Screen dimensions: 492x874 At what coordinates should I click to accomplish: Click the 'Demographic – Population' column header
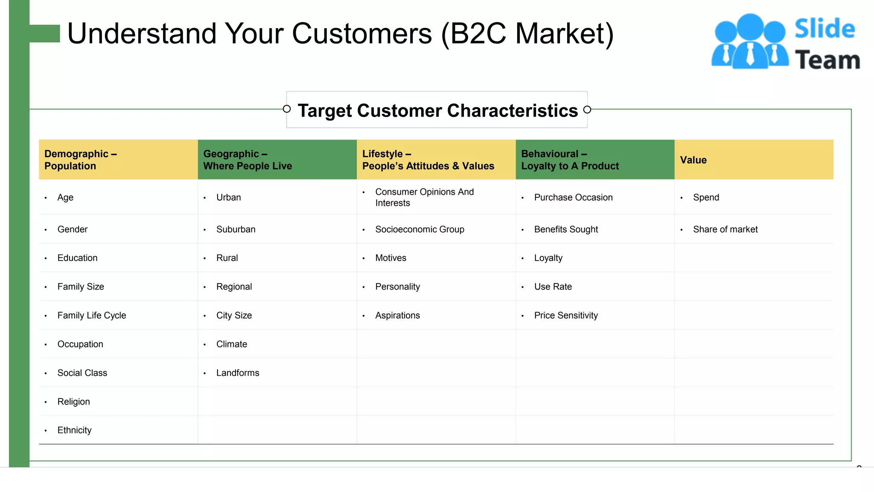81,160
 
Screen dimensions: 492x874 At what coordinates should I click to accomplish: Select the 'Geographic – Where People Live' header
248,160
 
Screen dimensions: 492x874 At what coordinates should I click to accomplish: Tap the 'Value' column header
693,160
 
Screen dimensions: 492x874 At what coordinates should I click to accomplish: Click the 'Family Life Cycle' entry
92,316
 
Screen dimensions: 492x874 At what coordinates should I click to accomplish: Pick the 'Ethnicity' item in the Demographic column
75,430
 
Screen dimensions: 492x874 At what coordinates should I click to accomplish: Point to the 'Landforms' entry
238,373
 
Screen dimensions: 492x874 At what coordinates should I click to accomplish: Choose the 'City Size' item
234,316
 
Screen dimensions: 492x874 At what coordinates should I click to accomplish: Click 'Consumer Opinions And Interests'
424,197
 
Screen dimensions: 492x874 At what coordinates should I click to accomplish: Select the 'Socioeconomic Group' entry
420,230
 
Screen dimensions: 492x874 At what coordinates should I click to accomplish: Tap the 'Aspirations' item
397,316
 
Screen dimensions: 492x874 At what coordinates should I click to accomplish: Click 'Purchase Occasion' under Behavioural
573,198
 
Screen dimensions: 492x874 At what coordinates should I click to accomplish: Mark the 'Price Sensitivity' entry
566,316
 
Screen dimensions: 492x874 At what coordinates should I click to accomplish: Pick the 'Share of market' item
725,230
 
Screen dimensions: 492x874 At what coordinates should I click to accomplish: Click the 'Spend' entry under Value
706,198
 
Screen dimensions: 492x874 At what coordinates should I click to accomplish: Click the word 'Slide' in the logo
824,29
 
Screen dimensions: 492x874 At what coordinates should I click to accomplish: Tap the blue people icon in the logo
750,42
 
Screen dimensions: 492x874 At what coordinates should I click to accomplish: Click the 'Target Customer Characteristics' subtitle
437,111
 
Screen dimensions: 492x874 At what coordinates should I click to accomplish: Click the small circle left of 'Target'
287,109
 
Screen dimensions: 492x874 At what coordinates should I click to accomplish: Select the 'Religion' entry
74,402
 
